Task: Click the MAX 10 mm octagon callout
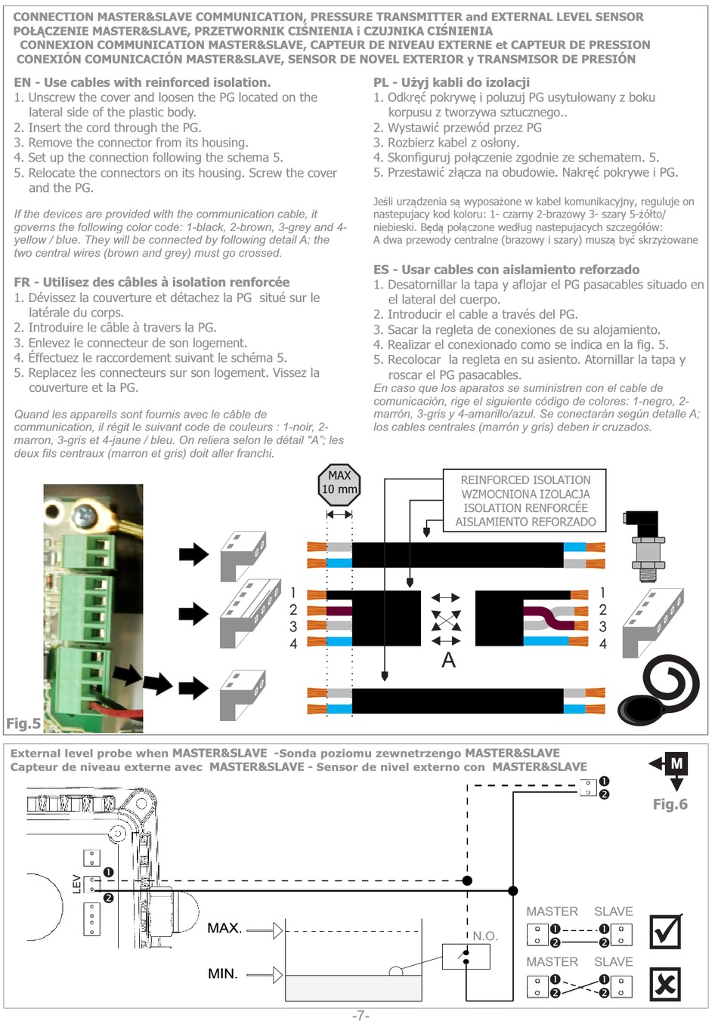[339, 483]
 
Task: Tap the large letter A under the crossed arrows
[448, 660]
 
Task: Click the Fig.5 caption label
[23, 723]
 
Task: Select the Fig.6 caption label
[670, 804]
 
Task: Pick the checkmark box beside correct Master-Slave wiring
[665, 932]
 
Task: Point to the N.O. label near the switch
[485, 936]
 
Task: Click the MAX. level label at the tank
[224, 928]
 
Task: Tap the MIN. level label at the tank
[223, 974]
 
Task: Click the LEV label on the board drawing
[76, 884]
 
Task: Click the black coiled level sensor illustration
[661, 691]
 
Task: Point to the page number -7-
[361, 1016]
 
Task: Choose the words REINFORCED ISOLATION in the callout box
[525, 480]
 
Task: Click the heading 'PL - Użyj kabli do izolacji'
[451, 82]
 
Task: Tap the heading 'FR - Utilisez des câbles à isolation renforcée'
[151, 282]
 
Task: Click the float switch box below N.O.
[466, 957]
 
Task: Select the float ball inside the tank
[395, 971]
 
